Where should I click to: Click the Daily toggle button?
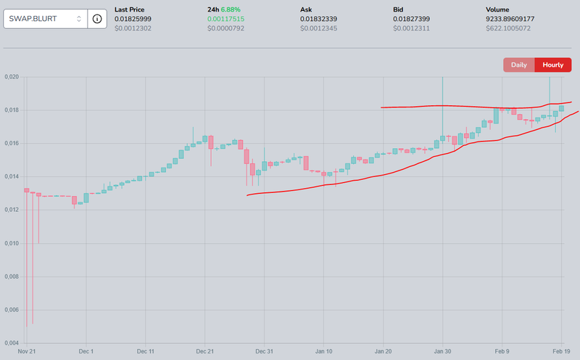[x=519, y=65]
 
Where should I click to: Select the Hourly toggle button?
[x=553, y=65]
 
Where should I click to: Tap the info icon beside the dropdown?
[x=97, y=19]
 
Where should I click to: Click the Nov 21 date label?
[x=27, y=351]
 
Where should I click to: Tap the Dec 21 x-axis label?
[x=205, y=351]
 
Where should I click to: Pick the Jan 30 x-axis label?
[x=442, y=351]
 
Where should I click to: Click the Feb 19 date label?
[x=563, y=351]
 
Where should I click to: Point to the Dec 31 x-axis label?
[x=265, y=351]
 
